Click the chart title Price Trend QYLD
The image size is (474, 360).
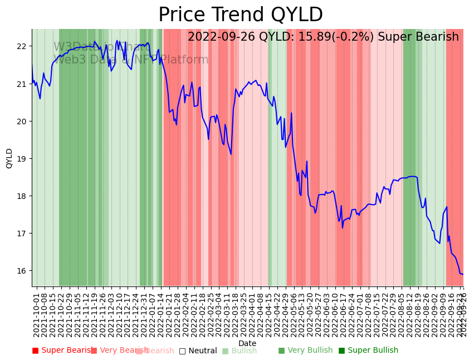pos(241,15)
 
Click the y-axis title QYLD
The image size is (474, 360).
pos(9,158)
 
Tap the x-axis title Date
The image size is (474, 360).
pos(247,343)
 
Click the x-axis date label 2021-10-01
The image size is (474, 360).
pos(37,314)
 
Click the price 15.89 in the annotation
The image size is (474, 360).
pos(312,37)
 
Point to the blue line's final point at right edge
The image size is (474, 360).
pos(463,274)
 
